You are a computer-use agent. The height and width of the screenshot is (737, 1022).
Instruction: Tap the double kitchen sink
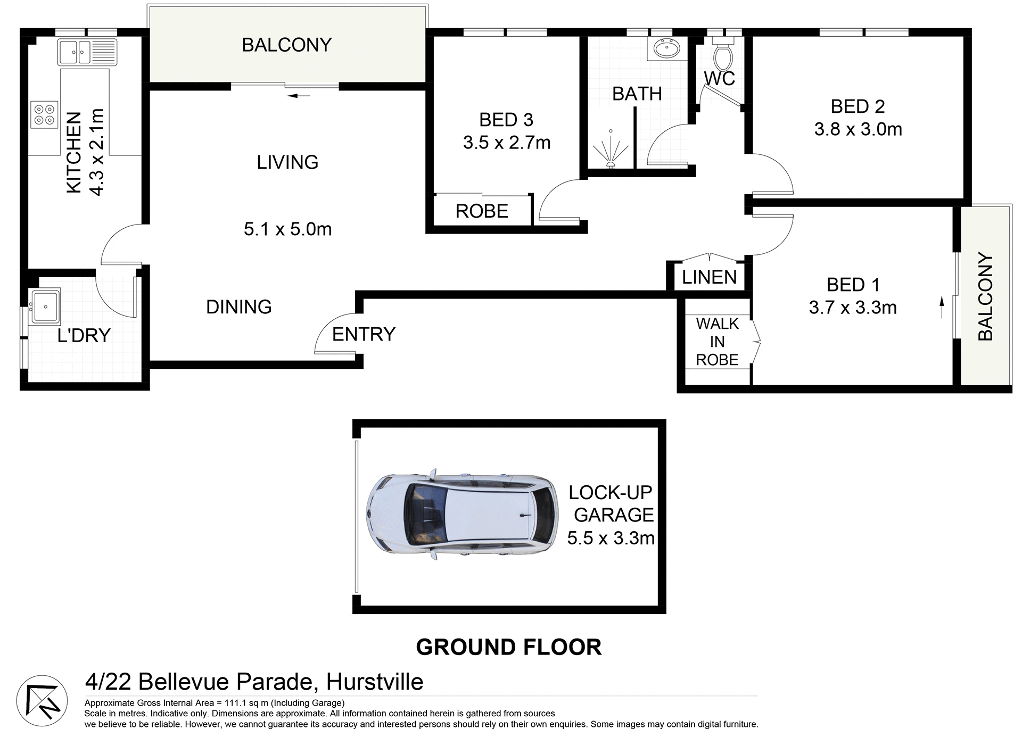pos(87,52)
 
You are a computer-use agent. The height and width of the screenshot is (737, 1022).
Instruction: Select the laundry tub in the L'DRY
pos(46,307)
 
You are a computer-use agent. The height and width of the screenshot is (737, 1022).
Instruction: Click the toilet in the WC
pos(723,53)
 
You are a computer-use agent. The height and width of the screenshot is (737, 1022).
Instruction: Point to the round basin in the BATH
pos(665,50)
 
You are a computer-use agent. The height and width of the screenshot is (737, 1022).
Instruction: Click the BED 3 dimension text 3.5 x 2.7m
pos(506,143)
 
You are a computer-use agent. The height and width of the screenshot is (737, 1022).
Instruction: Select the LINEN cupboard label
pos(709,277)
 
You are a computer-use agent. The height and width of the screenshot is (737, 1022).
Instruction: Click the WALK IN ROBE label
pos(717,342)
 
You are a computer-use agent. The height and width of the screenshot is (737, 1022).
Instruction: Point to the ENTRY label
pos(364,334)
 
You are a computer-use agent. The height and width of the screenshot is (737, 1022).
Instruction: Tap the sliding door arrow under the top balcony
pos(299,96)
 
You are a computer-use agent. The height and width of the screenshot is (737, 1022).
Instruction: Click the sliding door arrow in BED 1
pos(941,308)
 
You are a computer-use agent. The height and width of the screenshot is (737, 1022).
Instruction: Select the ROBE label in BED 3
pos(482,211)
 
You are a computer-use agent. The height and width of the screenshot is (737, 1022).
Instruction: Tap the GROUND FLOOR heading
pos(508,647)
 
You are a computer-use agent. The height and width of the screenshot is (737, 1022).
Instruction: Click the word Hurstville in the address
pos(375,682)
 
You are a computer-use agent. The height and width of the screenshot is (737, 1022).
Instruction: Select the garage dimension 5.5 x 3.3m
pos(611,538)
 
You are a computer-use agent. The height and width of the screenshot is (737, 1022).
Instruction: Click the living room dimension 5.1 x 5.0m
pos(287,229)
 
